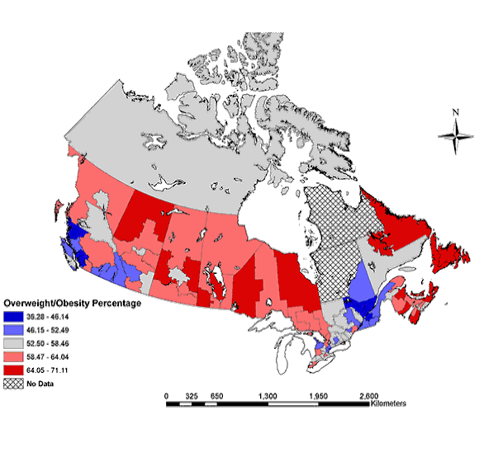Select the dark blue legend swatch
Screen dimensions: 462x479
pyautogui.click(x=13, y=317)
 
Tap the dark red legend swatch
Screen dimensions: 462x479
pyautogui.click(x=13, y=370)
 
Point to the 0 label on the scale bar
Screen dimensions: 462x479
pyautogui.click(x=166, y=396)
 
